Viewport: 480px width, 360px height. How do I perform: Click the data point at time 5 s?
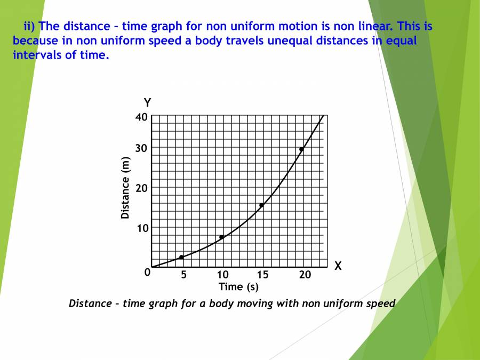tap(181, 257)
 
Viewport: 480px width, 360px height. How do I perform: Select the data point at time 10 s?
tap(221, 237)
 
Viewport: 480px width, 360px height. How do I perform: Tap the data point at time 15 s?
tap(261, 205)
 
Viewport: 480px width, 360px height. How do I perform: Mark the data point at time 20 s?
tap(301, 149)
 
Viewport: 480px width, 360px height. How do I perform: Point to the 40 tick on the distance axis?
tap(141, 117)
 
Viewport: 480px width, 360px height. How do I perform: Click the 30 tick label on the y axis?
tap(141, 148)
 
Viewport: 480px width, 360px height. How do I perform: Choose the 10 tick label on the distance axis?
tap(141, 228)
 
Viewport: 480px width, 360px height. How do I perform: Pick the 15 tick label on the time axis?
tap(262, 275)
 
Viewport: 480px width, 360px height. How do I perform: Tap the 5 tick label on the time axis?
tap(183, 275)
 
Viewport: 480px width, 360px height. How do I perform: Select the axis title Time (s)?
tap(238, 287)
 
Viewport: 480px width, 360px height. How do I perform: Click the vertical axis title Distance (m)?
tap(126, 188)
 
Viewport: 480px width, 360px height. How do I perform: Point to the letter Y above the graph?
tap(148, 102)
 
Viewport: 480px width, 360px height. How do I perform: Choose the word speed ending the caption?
tap(380, 303)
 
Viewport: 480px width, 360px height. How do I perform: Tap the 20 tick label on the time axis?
tap(305, 275)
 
